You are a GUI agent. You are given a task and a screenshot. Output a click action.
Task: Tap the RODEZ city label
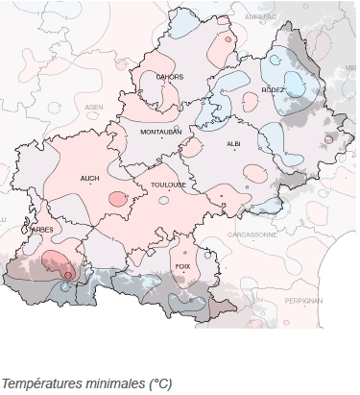click(x=273, y=89)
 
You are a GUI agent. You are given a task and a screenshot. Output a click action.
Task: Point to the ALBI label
click(x=233, y=143)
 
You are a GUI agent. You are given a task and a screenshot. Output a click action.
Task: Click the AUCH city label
click(x=90, y=178)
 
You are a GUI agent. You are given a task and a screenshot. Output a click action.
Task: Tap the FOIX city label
click(x=182, y=267)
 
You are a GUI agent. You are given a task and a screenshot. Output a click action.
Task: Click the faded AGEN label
click(x=94, y=107)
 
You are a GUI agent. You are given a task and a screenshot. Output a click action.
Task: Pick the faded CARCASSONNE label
click(x=252, y=234)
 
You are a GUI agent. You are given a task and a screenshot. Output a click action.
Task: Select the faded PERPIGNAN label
click(x=303, y=301)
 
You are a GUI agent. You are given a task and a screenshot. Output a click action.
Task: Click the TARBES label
click(x=41, y=230)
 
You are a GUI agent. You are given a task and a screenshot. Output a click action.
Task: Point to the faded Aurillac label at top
click(x=261, y=17)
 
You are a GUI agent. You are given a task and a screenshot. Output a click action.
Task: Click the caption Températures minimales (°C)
click(x=85, y=384)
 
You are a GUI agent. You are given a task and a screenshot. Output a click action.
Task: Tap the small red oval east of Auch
click(x=117, y=199)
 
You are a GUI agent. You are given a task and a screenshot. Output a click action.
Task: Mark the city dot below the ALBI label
click(x=234, y=151)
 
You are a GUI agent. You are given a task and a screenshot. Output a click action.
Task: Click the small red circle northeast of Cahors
click(x=228, y=40)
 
